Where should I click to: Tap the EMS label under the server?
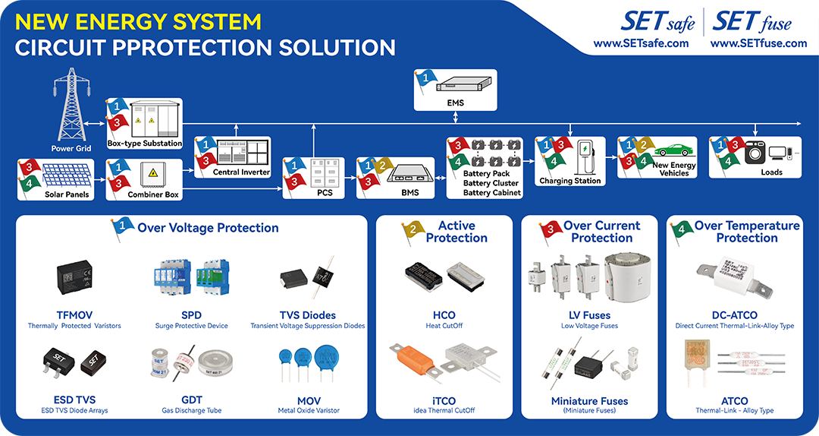[x=455, y=103]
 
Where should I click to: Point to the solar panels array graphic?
[x=66, y=175]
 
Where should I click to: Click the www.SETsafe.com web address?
[x=641, y=43]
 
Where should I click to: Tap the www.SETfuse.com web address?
[x=758, y=43]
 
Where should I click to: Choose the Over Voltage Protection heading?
[x=208, y=228]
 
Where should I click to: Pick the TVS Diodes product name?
[x=307, y=315]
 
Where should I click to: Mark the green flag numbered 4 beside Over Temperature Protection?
[x=682, y=231]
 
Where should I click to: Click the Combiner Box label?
[x=153, y=194]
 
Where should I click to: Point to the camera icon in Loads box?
[x=755, y=153]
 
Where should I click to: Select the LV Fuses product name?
[x=589, y=315]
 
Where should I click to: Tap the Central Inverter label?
[x=241, y=172]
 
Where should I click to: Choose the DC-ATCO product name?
[x=734, y=315]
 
